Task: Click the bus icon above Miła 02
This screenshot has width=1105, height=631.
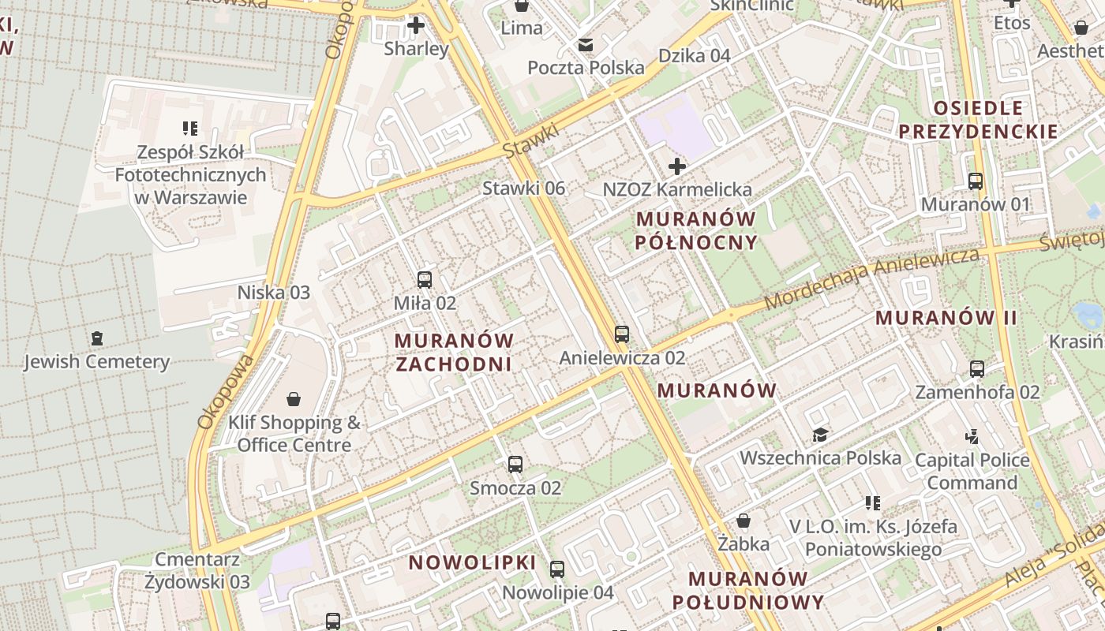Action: tap(425, 279)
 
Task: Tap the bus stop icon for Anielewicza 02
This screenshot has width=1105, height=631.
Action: tap(622, 334)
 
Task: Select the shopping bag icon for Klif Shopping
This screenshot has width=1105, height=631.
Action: tap(294, 399)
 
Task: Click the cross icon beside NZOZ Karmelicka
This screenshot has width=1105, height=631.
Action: tap(676, 166)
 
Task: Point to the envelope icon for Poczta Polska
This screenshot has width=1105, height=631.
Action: tap(586, 45)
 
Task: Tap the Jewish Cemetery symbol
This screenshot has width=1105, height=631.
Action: tap(96, 338)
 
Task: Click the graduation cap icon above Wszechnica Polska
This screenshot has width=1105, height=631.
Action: tap(820, 435)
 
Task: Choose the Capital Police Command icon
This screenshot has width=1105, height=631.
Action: tap(972, 436)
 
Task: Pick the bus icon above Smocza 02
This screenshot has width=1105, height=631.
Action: tap(515, 465)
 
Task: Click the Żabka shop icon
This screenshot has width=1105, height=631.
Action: tap(743, 521)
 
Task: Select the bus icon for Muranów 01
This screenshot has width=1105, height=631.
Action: tap(976, 181)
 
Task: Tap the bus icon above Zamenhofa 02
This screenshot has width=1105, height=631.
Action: tap(977, 368)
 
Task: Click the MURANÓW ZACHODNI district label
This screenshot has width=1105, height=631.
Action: tap(454, 353)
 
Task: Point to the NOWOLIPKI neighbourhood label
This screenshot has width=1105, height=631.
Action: tap(472, 563)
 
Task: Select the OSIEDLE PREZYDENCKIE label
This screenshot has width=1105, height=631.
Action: tap(978, 120)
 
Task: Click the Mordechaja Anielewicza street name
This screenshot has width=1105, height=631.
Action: tap(871, 278)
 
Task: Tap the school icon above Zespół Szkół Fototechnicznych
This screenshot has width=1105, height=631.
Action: tap(189, 128)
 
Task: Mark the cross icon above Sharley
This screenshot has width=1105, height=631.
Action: tap(415, 25)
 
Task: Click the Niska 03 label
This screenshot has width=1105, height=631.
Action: tap(274, 293)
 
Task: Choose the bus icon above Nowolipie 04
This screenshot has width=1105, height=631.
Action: tap(557, 569)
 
